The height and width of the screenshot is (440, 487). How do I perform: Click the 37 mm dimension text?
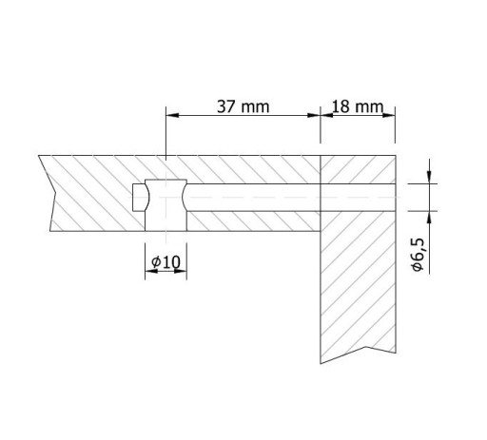point(243,106)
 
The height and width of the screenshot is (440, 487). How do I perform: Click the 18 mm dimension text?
point(358,106)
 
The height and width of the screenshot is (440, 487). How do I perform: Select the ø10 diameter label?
point(166,262)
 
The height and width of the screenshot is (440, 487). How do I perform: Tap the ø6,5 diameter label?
point(418,255)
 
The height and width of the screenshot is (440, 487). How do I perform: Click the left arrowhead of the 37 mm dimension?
point(173,115)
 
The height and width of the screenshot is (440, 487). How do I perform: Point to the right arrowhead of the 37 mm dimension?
point(314,115)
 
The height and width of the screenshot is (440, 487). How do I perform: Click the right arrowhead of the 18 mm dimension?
point(389,115)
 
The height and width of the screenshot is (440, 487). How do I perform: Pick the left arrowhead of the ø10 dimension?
point(151,271)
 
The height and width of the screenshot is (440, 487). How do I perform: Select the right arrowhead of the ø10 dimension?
point(180,271)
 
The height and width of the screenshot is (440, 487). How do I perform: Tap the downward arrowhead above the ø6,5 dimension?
point(429,177)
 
